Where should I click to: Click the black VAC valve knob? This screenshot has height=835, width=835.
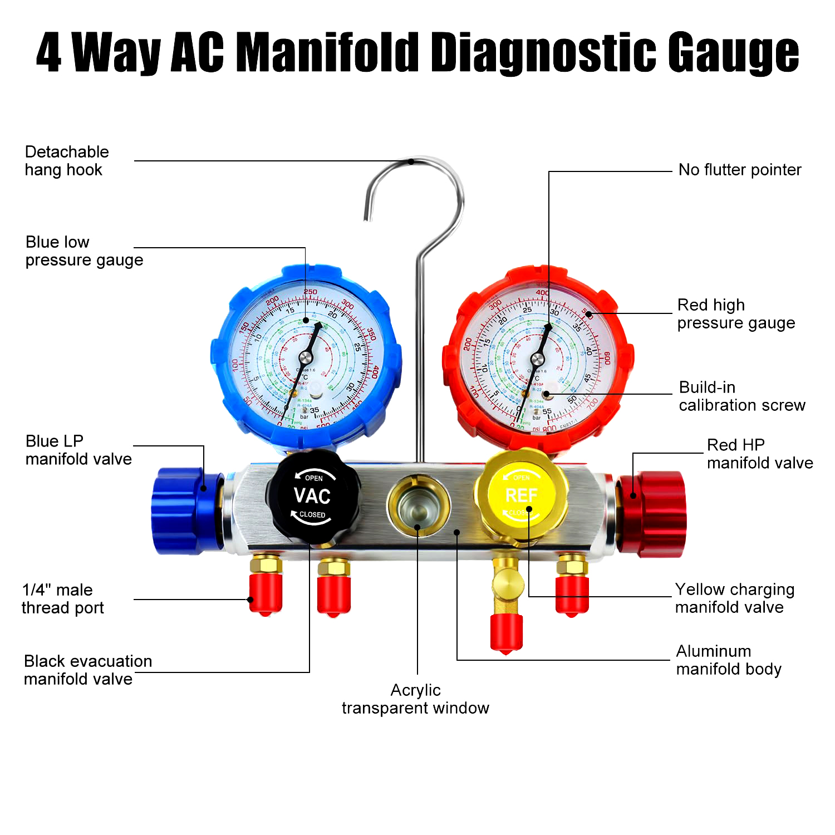coord(312,496)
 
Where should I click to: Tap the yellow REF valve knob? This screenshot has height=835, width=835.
coord(521,495)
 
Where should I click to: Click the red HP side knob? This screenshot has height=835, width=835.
coord(654,513)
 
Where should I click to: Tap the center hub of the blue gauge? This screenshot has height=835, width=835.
coord(306,357)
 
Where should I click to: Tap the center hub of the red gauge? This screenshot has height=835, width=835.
coord(538,358)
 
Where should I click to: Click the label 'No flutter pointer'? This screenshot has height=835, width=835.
coord(739,170)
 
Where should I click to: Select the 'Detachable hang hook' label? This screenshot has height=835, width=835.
coord(67,161)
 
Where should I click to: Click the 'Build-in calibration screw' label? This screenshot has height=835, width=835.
coord(741,396)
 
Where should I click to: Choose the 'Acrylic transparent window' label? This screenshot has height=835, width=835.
coord(415,699)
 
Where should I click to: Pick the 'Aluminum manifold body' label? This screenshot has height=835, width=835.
coord(728,660)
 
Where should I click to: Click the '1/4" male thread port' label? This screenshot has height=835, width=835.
coord(62,599)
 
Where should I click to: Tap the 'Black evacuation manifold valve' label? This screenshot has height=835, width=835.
coord(87,670)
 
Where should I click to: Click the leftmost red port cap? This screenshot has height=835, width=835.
coord(266,595)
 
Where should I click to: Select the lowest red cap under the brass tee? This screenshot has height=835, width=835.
coord(506,633)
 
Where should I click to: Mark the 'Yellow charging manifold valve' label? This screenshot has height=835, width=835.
coord(734,598)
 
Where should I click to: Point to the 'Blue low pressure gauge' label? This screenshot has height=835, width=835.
coord(84,251)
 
